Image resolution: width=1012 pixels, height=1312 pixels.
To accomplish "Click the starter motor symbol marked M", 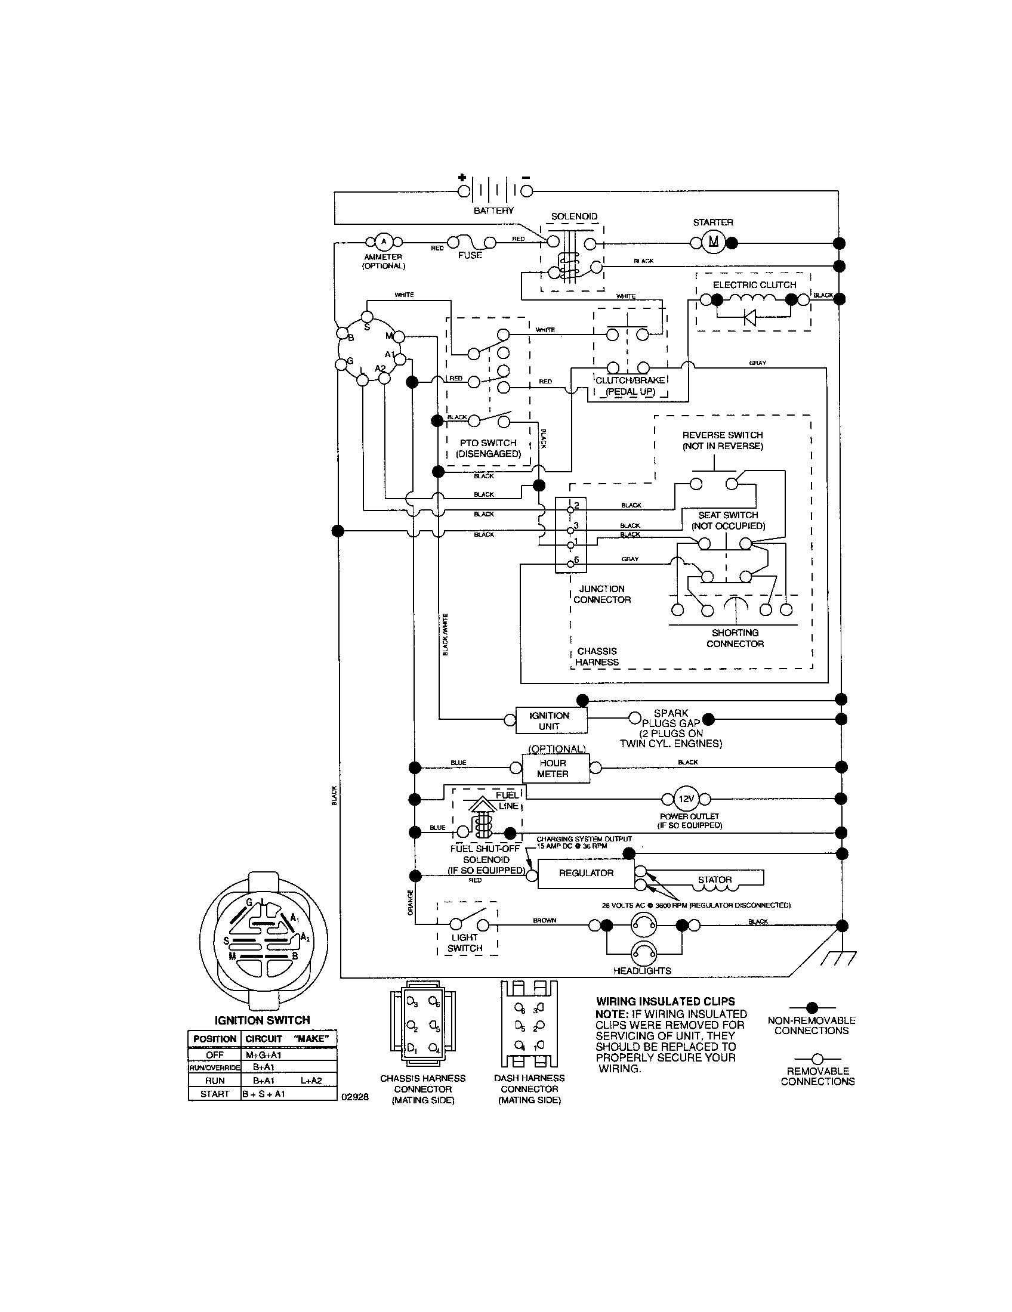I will (713, 242).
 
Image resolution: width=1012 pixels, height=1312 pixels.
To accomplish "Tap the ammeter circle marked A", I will (384, 242).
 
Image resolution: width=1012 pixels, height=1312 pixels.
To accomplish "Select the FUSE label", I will (470, 255).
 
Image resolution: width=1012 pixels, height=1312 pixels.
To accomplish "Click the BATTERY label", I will (493, 211).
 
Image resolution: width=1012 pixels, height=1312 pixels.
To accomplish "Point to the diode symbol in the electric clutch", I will (749, 317).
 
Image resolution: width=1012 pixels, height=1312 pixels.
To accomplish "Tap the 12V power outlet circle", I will (686, 799).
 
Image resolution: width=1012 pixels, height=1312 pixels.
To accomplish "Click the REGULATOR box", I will (586, 873).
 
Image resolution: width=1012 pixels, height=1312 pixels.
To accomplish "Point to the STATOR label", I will (714, 880).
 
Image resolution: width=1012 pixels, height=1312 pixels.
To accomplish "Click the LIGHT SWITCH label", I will (465, 942).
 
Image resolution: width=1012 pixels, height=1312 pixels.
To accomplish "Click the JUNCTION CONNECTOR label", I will (601, 594).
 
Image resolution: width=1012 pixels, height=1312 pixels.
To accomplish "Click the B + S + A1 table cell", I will (263, 1094).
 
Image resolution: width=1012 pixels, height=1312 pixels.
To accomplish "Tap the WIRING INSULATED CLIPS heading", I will (665, 1001).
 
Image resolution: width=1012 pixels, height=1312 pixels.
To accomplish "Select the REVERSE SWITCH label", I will (723, 440).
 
